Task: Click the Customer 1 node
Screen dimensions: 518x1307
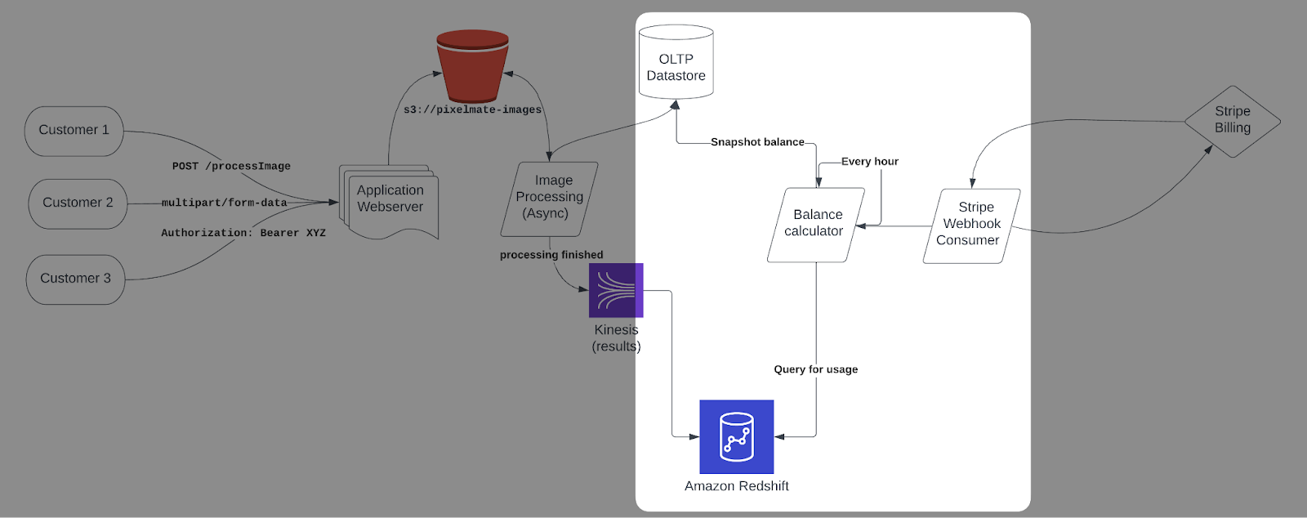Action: [74, 131]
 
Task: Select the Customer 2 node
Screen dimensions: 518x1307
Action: [78, 203]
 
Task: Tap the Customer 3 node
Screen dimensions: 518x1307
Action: [75, 279]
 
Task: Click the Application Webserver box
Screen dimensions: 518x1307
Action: [390, 199]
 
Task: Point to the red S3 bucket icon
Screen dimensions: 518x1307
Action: [472, 65]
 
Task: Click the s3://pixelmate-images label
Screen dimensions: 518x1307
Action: [472, 109]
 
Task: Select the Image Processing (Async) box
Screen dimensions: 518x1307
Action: [549, 198]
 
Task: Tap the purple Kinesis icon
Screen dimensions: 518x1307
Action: [616, 290]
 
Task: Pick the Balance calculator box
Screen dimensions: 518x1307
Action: [815, 224]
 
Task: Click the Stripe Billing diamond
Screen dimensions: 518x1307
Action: [1232, 121]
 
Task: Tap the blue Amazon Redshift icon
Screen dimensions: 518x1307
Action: [736, 436]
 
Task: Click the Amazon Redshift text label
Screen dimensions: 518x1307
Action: [736, 486]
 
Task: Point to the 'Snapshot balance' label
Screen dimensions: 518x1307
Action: [757, 142]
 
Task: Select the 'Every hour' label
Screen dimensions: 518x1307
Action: [869, 162]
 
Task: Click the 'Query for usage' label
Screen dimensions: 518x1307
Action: [815, 369]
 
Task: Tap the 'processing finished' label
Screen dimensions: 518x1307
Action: [551, 255]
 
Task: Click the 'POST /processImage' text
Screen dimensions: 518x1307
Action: [231, 166]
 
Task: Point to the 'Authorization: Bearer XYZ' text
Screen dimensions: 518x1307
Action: [243, 233]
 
